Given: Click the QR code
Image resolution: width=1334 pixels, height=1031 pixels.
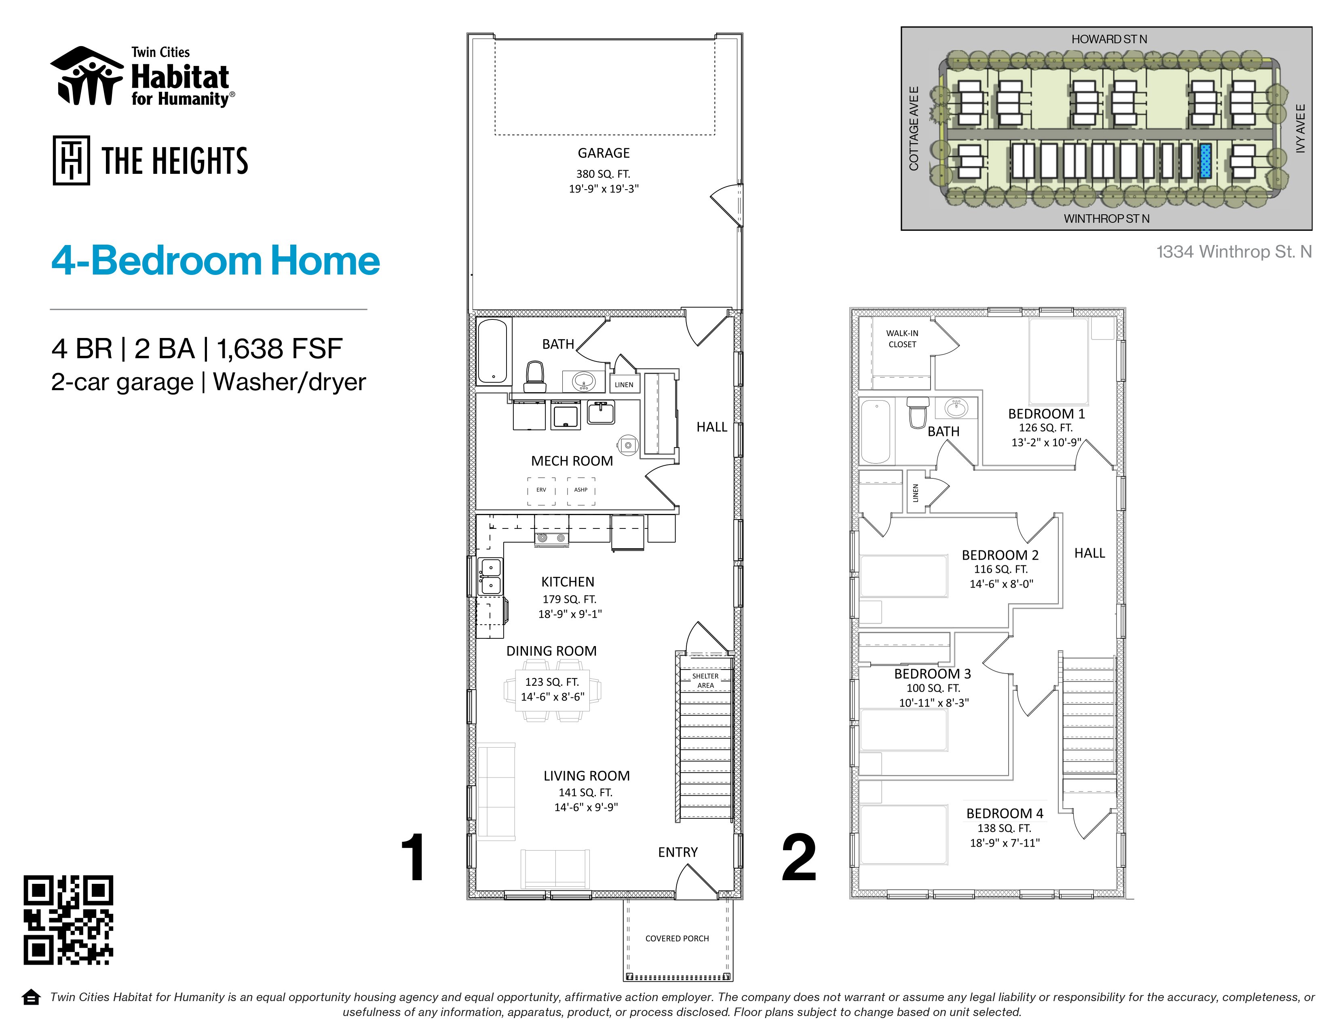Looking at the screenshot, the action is click(x=68, y=920).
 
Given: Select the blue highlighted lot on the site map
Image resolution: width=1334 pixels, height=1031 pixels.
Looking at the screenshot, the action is click(x=1205, y=161).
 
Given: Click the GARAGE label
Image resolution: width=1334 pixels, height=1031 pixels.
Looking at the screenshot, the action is click(x=604, y=153).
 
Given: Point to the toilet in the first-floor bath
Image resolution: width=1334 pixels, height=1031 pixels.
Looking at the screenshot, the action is click(x=535, y=376).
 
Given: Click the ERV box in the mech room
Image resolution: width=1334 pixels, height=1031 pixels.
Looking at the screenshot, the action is click(x=541, y=490).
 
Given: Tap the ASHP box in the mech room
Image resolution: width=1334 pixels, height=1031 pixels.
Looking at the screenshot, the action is click(x=581, y=490).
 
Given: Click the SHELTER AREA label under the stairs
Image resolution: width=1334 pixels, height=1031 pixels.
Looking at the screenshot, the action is click(x=705, y=680).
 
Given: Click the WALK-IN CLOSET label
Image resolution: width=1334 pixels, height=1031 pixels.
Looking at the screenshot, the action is click(x=902, y=338).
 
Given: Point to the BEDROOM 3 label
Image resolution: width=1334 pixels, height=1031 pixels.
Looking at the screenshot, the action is click(x=932, y=674).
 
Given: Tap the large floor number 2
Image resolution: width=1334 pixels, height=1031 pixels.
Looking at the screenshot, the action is click(x=799, y=858).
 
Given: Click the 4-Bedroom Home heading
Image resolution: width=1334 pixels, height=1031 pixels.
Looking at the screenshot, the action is click(x=215, y=261).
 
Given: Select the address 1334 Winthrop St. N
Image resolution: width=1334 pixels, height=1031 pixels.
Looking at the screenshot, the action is click(x=1234, y=251).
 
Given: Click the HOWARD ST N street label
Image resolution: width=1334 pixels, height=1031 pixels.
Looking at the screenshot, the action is click(x=1109, y=39).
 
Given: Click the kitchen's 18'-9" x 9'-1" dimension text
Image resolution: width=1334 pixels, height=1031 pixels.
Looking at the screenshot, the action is click(x=570, y=614).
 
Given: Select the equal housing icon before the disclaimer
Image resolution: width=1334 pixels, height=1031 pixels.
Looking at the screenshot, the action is click(x=31, y=997).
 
